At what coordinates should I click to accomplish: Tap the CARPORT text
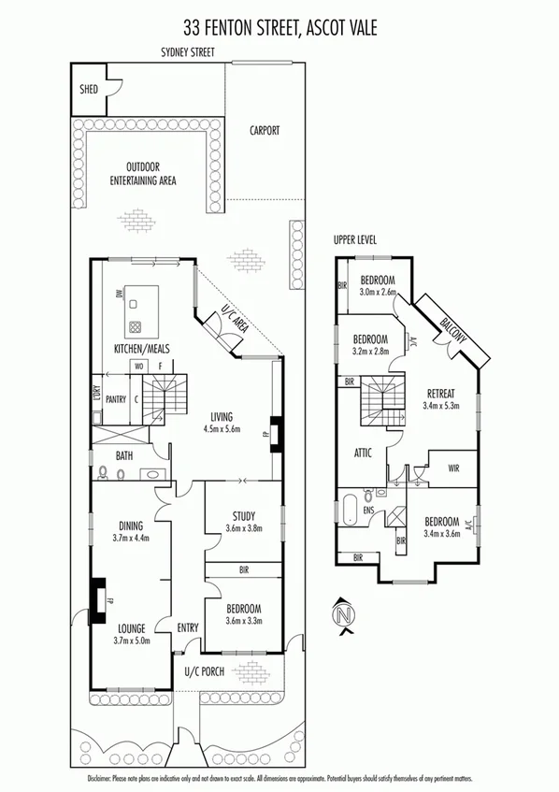(264, 131)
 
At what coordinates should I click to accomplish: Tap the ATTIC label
(364, 453)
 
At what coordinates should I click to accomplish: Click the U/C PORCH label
(205, 670)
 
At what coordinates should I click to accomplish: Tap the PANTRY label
(115, 398)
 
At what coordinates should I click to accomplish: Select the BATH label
(124, 455)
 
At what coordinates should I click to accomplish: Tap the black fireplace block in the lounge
(96, 599)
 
